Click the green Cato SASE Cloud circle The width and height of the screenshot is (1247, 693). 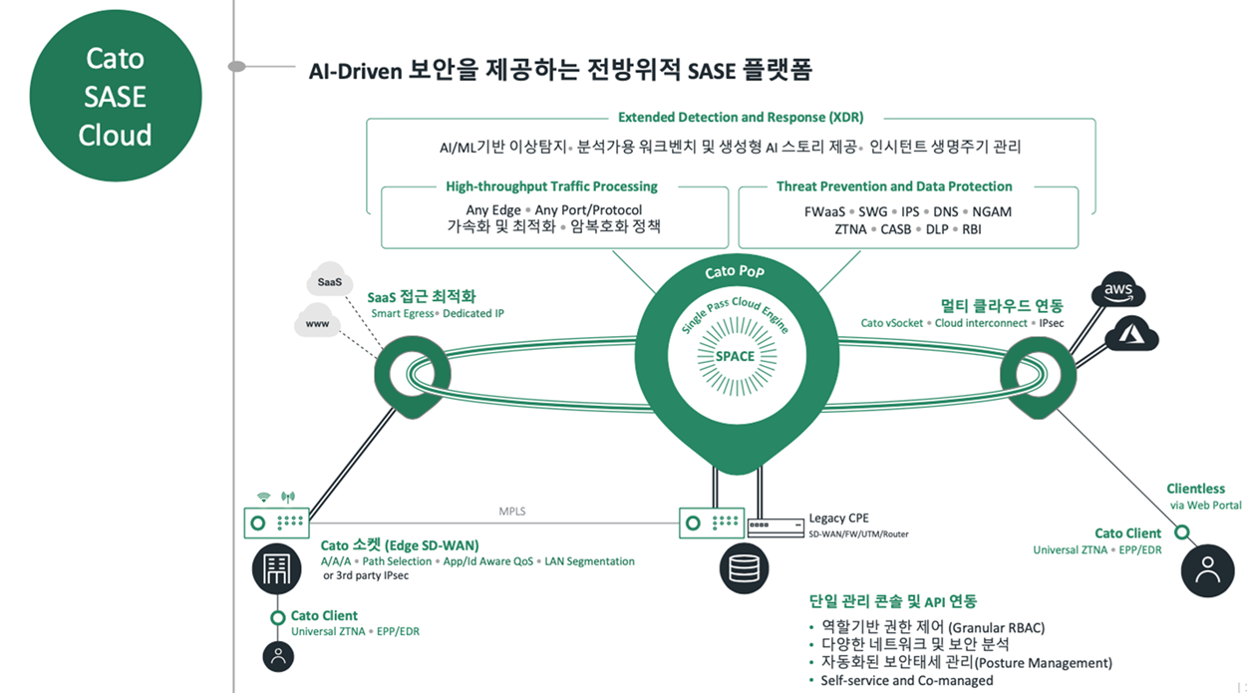[x=116, y=97]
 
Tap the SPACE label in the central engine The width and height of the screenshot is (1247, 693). [x=735, y=356]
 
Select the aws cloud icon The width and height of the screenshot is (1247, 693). [x=1118, y=292]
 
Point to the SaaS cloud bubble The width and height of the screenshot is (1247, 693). [x=330, y=282]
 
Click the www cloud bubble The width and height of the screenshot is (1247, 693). [x=318, y=323]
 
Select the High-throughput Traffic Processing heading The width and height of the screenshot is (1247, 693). [x=551, y=186]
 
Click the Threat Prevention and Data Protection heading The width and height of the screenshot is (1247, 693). [x=894, y=186]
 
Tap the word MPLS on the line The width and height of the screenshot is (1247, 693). [x=512, y=512]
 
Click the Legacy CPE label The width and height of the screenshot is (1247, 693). [x=839, y=518]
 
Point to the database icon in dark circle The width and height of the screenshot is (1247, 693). [x=743, y=567]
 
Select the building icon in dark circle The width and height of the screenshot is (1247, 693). [x=275, y=568]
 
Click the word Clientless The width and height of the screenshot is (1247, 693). [x=1196, y=489]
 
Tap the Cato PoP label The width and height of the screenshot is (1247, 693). [x=735, y=271]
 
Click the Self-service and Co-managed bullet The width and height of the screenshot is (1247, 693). [x=906, y=680]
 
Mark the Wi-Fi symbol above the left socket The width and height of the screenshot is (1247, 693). [x=264, y=496]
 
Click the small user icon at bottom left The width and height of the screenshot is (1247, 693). [x=278, y=655]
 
